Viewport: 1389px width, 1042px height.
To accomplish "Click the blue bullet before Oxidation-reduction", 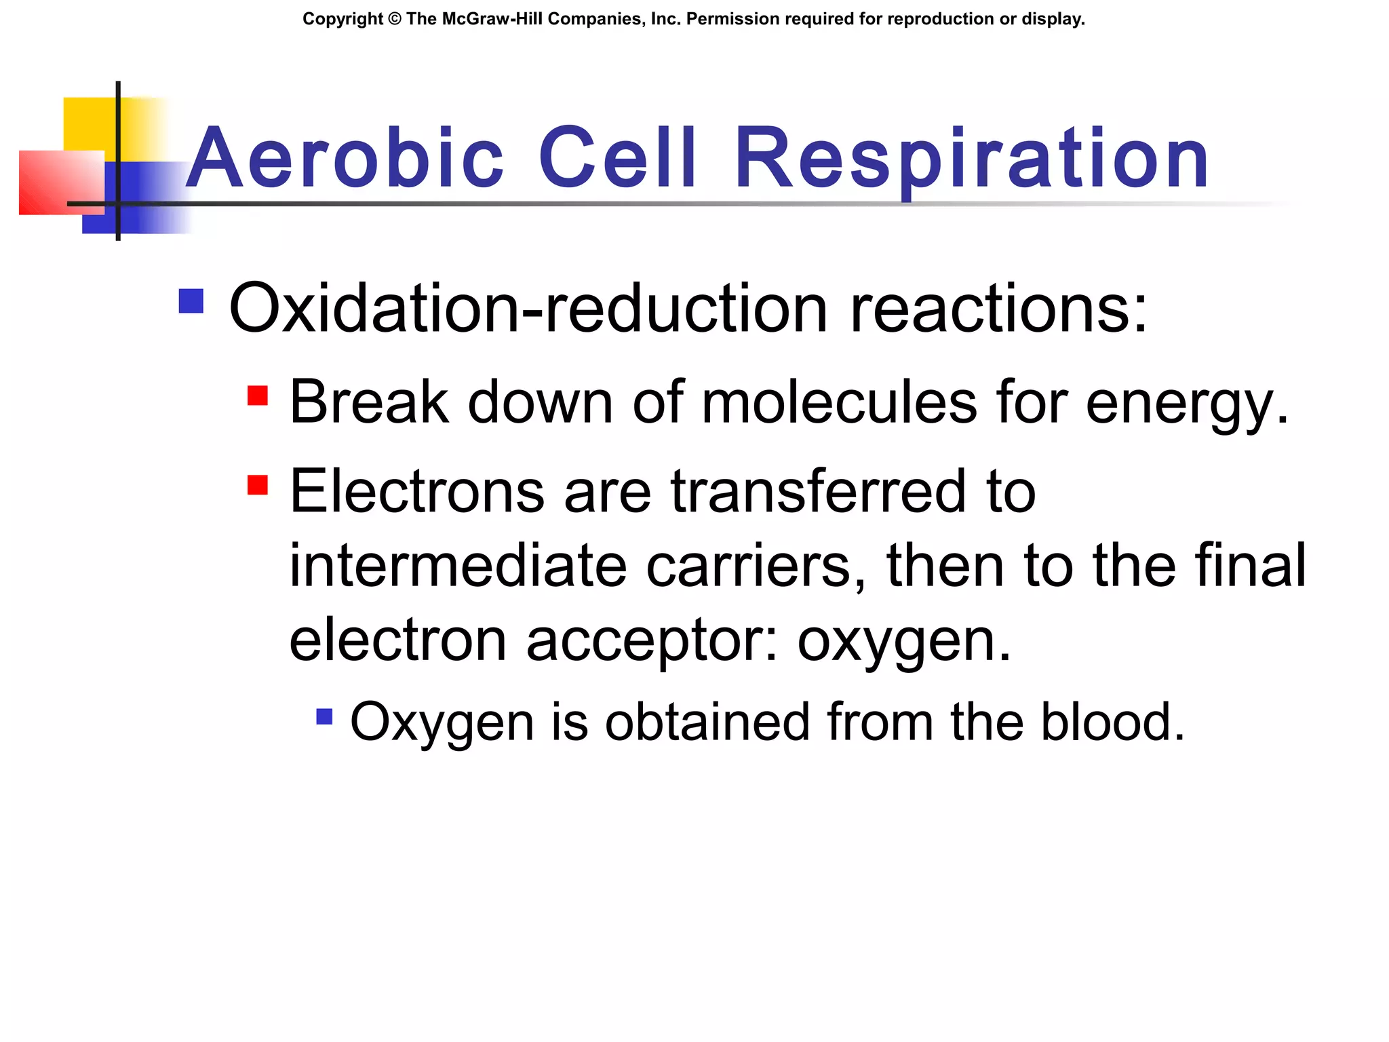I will tap(191, 301).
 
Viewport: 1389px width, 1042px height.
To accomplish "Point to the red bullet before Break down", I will tap(258, 395).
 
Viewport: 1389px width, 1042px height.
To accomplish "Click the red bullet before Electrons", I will tap(258, 484).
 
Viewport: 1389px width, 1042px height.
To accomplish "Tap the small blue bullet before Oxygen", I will tap(325, 716).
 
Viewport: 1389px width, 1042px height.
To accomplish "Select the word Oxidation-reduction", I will tap(528, 309).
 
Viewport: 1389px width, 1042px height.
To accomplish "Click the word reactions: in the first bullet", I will tap(998, 309).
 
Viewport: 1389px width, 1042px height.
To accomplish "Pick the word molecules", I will tap(840, 402).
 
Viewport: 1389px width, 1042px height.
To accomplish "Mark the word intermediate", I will tap(458, 566).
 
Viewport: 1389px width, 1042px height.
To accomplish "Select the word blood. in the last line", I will tap(1113, 722).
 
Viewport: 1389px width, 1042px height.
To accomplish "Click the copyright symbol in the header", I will tap(395, 19).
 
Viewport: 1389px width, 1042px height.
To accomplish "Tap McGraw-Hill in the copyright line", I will tap(491, 19).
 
